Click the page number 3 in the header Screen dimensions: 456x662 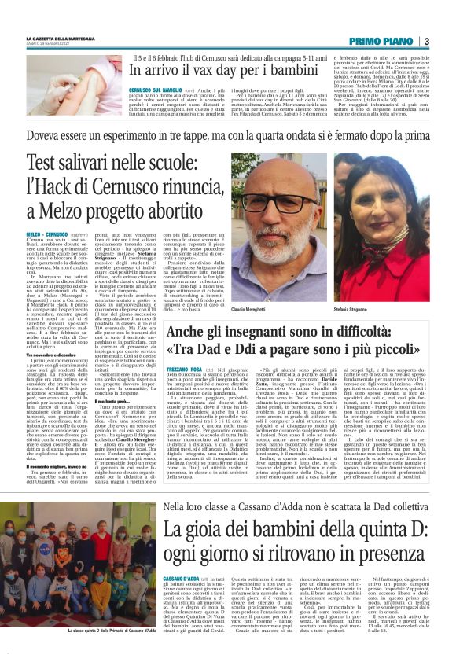pyautogui.click(x=425, y=41)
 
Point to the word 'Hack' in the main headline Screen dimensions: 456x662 pyautogui.click(x=115, y=188)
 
